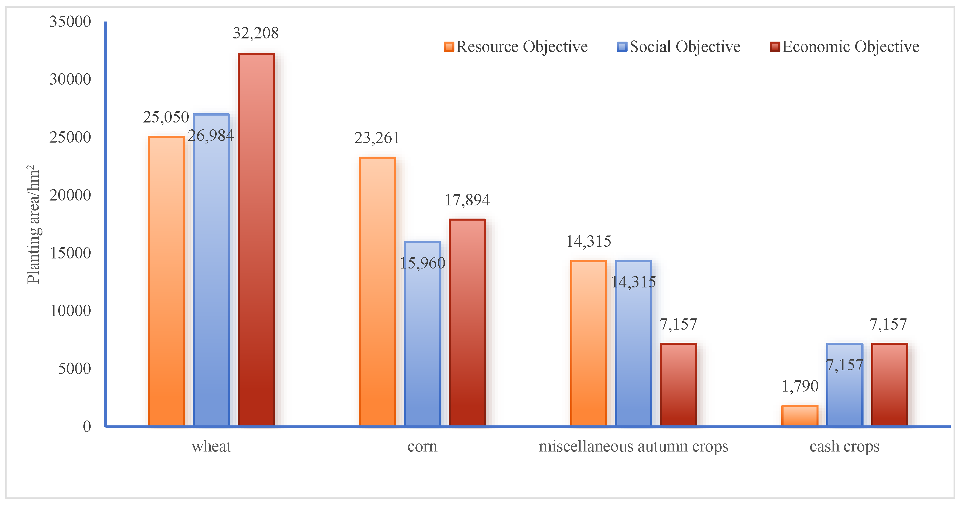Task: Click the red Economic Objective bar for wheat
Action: tap(256, 239)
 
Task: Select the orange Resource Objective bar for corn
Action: tap(377, 291)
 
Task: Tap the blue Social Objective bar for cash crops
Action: tap(845, 396)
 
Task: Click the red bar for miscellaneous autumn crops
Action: tap(678, 384)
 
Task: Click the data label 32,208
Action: tap(256, 33)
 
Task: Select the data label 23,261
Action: tap(377, 138)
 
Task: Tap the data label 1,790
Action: tap(800, 386)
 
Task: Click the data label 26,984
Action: tap(211, 135)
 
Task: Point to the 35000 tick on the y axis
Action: tap(70, 22)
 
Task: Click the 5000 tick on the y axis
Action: tap(74, 369)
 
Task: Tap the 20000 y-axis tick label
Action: tap(70, 195)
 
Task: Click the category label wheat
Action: tap(211, 446)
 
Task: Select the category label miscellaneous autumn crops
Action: tap(633, 446)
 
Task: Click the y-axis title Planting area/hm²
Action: tap(34, 224)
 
